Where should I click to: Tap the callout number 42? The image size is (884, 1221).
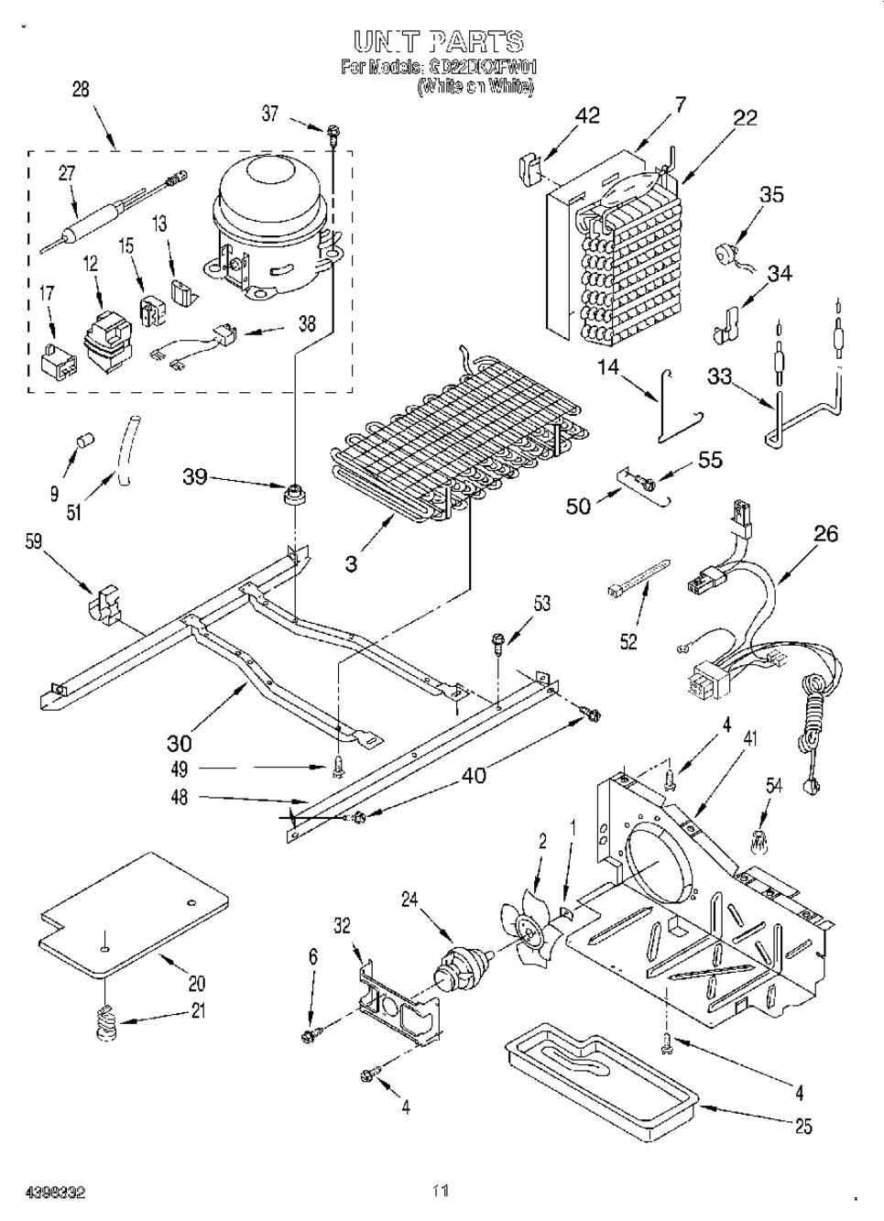pyautogui.click(x=587, y=115)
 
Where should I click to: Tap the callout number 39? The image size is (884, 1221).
pyautogui.click(x=195, y=477)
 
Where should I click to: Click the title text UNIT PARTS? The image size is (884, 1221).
pyautogui.click(x=438, y=41)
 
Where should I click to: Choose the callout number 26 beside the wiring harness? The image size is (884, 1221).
pyautogui.click(x=826, y=533)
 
